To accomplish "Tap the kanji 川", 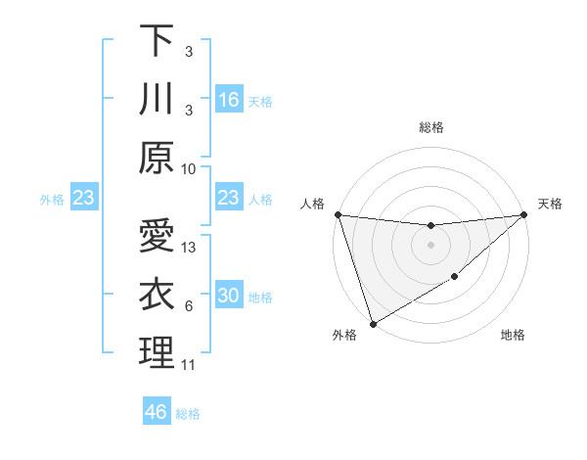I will click(157, 99).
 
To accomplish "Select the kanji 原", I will click(157, 158).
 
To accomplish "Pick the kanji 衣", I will click(157, 295).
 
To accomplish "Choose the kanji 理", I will click(157, 353).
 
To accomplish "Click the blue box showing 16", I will click(228, 100).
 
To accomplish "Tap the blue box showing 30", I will click(228, 297).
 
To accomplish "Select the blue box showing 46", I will click(156, 412).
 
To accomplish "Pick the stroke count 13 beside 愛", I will click(190, 248).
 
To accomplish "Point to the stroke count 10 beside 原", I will click(189, 168).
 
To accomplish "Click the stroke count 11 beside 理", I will click(189, 365).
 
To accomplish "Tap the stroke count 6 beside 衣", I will click(189, 306).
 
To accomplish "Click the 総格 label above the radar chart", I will click(430, 127).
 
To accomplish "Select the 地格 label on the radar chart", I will click(513, 336).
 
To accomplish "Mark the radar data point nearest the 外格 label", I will click(373, 324).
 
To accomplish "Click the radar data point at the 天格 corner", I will click(523, 214).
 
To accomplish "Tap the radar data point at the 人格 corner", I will click(338, 214).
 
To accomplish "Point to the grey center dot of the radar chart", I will click(430, 245).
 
